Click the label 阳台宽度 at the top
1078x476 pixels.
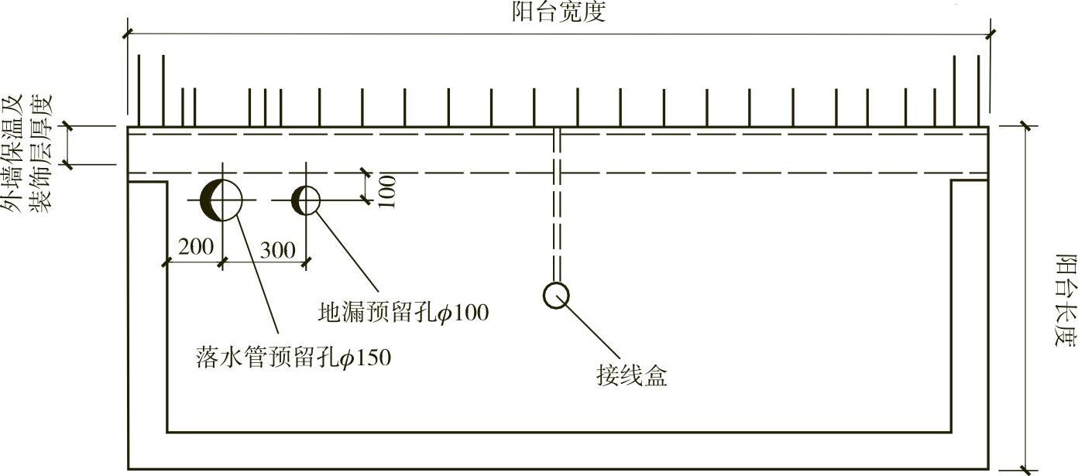coord(558,12)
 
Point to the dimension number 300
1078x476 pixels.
coord(277,250)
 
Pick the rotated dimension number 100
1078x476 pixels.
coord(387,191)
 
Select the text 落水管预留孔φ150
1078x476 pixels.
coord(294,358)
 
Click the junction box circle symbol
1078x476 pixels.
coord(556,295)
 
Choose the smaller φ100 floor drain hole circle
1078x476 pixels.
coord(306,200)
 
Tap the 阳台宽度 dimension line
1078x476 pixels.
coord(558,34)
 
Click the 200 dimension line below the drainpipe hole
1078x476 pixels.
coord(194,262)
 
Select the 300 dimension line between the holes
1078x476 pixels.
coord(264,262)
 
